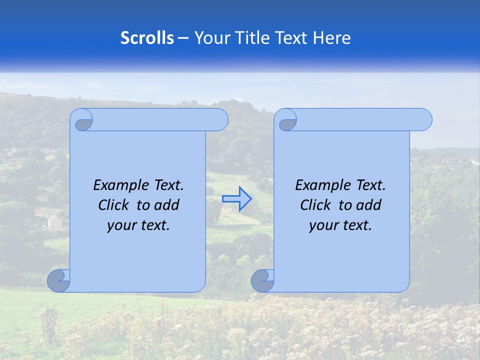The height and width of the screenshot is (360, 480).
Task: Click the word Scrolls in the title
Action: pyautogui.click(x=147, y=38)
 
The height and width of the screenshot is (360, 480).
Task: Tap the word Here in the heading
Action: pyautogui.click(x=332, y=38)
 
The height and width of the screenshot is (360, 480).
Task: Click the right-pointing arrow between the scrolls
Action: pyautogui.click(x=237, y=199)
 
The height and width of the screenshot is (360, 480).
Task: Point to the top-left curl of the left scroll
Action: pyautogui.click(x=84, y=122)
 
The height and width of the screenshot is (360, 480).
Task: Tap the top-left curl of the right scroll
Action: pyautogui.click(x=287, y=123)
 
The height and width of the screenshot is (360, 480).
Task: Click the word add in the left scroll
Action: pyautogui.click(x=167, y=205)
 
